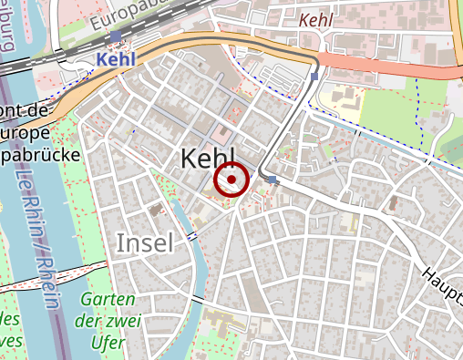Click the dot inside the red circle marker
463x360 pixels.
(231, 180)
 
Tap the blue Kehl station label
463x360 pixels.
(115, 58)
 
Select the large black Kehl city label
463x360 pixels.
(208, 157)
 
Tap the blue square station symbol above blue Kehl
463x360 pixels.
(116, 36)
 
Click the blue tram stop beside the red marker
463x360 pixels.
(272, 180)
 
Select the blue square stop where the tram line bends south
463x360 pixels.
(314, 77)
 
